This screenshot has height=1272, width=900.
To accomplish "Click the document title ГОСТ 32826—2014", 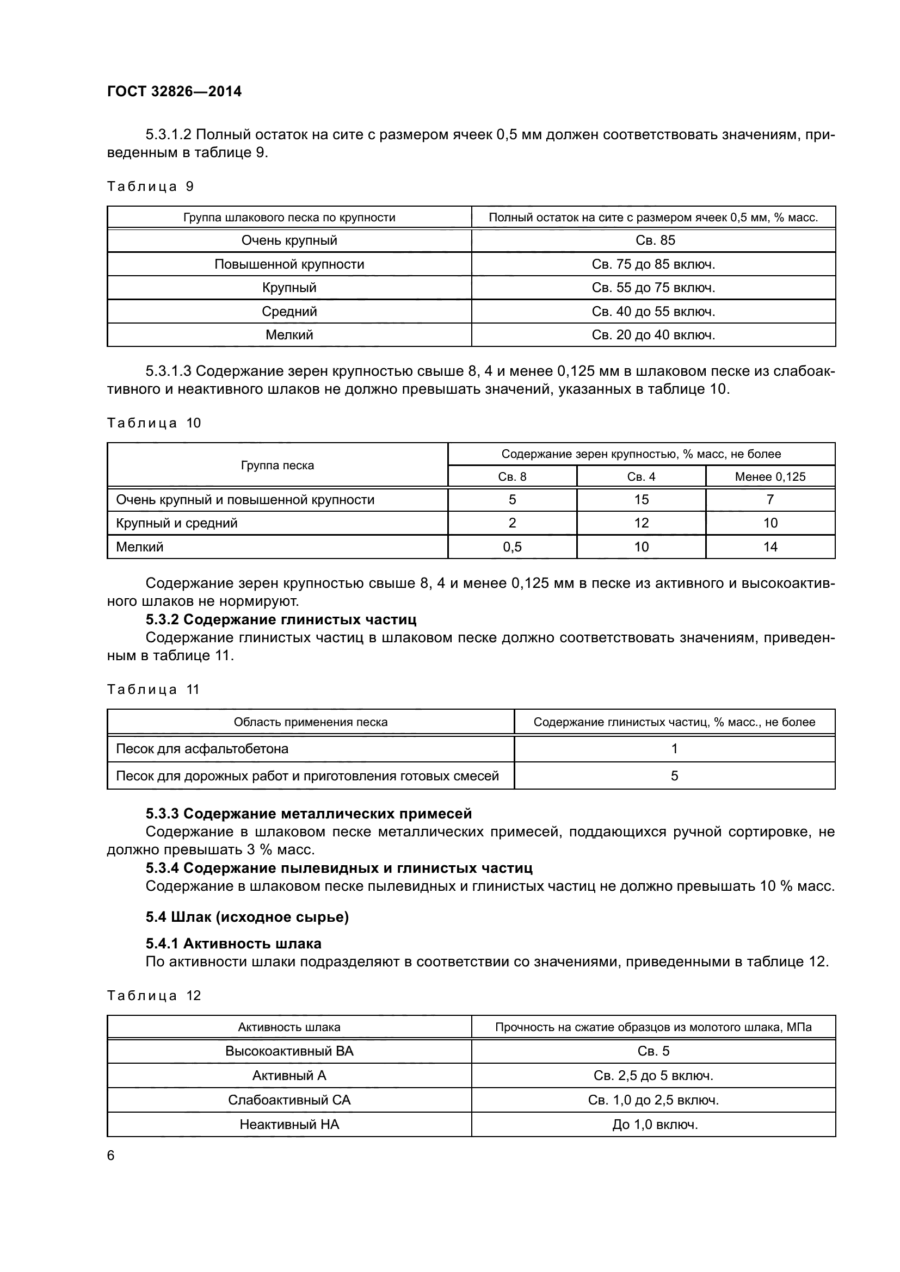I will point(174,91).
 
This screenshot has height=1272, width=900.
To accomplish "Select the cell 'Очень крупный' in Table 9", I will point(289,240).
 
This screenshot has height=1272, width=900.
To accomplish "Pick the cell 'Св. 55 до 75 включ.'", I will point(654,288).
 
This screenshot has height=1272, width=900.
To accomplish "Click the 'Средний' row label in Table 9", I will point(289,312).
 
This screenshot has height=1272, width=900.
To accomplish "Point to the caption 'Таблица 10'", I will point(153,423).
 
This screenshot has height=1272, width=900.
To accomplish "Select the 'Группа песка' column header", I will point(277,466).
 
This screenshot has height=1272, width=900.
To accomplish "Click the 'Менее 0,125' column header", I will point(770,476).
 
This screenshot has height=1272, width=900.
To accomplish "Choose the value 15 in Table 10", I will point(641,500).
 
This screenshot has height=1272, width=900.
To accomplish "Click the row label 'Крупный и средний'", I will point(176,523).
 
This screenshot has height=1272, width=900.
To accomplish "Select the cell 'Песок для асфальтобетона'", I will point(202,749).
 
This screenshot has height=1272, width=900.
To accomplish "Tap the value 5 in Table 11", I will point(674,775).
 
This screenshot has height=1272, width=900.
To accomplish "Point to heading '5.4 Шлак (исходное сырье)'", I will point(247,917).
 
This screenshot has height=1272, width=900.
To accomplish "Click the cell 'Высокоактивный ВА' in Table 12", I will point(289,1051).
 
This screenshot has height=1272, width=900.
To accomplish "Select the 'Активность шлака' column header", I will point(289,1027).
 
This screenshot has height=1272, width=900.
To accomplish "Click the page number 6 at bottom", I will point(111,1156).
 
